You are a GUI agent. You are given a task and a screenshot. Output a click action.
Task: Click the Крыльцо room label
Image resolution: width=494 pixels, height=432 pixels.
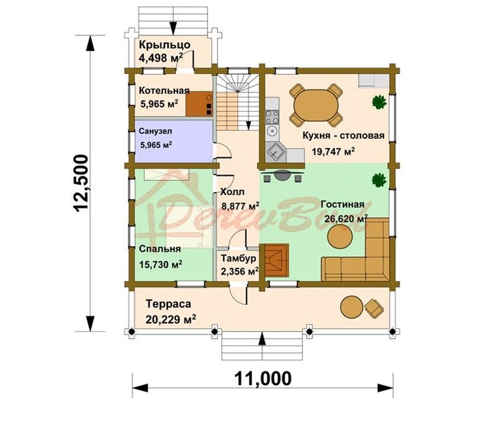pyautogui.click(x=165, y=44)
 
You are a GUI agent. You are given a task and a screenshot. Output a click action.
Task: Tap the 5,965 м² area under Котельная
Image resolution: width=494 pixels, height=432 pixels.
pyautogui.click(x=159, y=104)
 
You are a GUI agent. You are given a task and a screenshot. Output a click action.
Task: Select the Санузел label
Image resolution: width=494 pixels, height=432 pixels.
pyautogui.click(x=156, y=131)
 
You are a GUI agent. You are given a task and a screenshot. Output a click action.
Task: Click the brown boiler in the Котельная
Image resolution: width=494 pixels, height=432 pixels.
pyautogui.click(x=199, y=104)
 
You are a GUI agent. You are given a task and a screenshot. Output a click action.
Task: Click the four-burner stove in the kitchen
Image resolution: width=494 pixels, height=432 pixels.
pyautogui.click(x=272, y=117)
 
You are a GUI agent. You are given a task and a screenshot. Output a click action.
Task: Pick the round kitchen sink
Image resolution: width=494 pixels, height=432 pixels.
pyautogui.click(x=271, y=130)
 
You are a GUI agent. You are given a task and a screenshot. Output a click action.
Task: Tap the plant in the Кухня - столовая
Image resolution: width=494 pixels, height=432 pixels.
pyautogui.click(x=379, y=102)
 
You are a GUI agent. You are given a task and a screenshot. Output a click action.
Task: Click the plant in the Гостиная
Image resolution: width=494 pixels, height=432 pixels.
pyautogui.click(x=379, y=180)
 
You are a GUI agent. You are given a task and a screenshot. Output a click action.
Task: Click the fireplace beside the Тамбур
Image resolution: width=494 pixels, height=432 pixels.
pyautogui.click(x=277, y=260)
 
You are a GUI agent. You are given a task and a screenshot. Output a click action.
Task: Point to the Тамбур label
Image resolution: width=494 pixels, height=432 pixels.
pyautogui.click(x=238, y=258)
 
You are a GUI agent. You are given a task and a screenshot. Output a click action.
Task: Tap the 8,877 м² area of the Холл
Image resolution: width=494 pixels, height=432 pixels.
pyautogui.click(x=240, y=206)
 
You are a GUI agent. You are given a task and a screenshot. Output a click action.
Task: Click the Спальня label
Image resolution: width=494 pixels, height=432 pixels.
pyautogui.click(x=160, y=249)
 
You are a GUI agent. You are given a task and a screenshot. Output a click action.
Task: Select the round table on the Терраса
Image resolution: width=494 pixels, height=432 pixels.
pyautogui.click(x=351, y=307)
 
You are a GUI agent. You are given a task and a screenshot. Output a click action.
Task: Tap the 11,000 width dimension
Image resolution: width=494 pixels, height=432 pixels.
pyautogui.click(x=263, y=378)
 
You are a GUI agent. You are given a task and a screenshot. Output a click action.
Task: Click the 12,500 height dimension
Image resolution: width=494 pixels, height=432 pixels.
pyautogui.click(x=82, y=183)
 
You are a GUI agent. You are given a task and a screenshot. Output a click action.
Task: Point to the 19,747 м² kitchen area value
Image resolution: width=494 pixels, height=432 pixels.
pyautogui.click(x=333, y=151)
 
